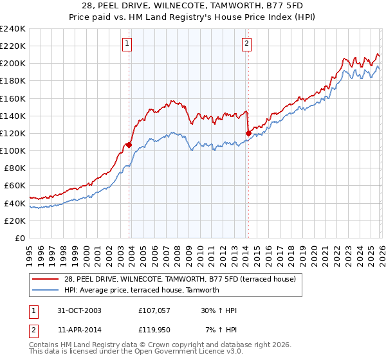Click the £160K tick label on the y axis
(13, 98)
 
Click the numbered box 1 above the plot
(127, 44)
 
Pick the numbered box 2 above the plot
(246, 44)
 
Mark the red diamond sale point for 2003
(129, 145)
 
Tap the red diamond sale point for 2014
(248, 133)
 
